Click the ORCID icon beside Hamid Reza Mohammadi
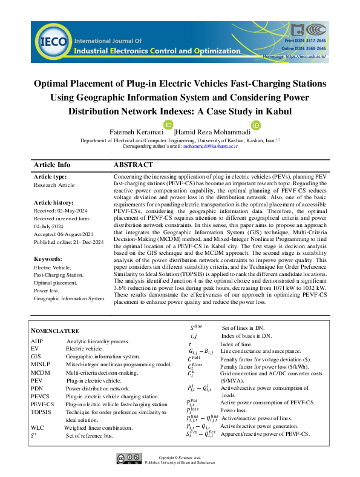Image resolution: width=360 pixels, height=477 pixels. coord(256,125)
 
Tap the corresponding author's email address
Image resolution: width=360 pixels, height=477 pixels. coord(211,146)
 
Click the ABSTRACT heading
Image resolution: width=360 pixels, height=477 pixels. coord(133,165)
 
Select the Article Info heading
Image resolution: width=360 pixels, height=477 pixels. coord(52,165)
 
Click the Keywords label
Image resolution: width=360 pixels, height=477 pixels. coord(48,258)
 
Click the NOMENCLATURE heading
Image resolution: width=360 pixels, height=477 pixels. coord(55,331)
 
